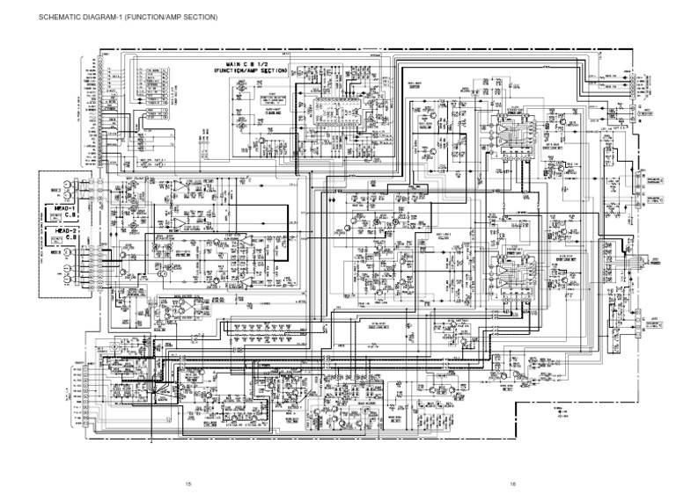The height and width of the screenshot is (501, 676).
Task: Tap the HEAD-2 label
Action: point(59,230)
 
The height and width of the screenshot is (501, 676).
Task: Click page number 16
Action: point(511,483)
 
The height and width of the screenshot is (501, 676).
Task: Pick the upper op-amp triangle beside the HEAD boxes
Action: point(180,189)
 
